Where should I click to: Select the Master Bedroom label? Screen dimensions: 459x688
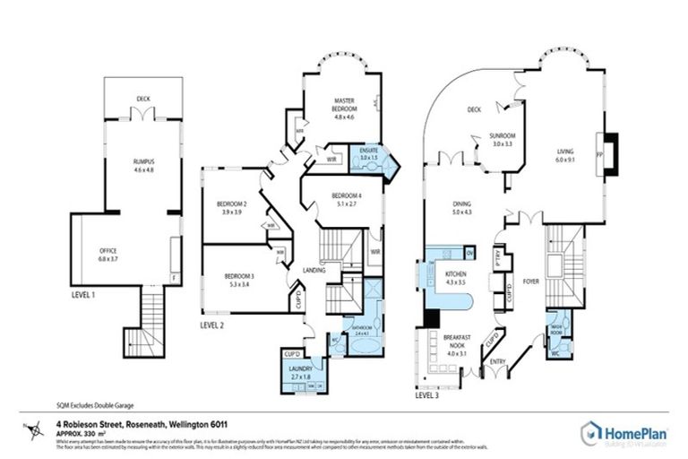[345, 104]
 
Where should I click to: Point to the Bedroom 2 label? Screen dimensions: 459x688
[231, 205]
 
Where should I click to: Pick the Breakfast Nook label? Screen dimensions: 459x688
[457, 341]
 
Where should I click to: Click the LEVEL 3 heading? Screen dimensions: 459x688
[427, 394]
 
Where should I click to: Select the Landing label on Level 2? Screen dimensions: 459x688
[314, 271]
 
